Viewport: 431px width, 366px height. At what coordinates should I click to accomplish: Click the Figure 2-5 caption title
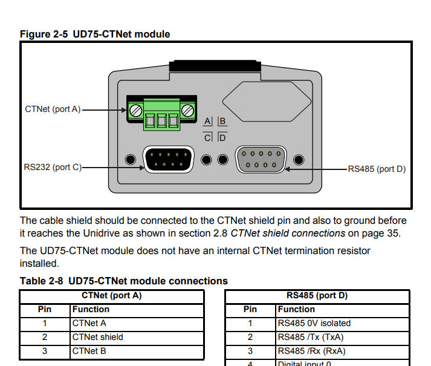click(x=95, y=34)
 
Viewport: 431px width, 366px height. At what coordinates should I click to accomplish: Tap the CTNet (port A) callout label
click(x=53, y=109)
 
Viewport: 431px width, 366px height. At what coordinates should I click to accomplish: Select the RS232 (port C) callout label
click(x=53, y=167)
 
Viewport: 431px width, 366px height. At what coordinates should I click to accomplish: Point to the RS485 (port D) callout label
click(x=376, y=169)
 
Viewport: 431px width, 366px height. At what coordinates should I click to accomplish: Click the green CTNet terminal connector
click(x=162, y=115)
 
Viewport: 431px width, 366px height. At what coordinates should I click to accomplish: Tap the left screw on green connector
click(x=135, y=110)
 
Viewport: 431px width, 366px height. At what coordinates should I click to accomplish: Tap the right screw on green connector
click(x=189, y=110)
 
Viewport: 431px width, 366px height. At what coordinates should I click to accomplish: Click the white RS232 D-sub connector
click(x=168, y=160)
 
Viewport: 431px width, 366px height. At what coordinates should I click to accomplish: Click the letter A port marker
click(x=207, y=122)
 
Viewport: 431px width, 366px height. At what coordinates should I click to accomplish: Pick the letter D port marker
click(x=222, y=137)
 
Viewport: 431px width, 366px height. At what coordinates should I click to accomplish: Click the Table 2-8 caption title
click(x=124, y=281)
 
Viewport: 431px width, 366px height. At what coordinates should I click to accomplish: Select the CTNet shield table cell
click(x=97, y=337)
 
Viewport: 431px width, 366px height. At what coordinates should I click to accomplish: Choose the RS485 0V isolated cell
click(x=314, y=323)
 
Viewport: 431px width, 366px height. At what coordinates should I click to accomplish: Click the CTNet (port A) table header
click(x=111, y=296)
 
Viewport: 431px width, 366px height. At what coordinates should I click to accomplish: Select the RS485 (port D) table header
click(x=317, y=296)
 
